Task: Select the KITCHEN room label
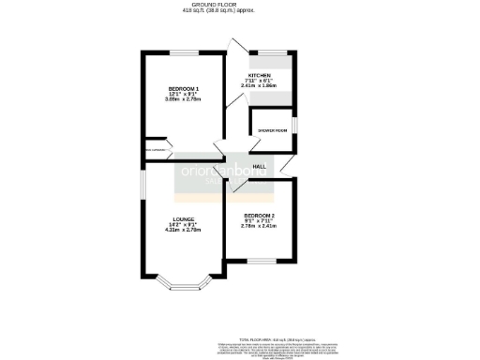[260, 74]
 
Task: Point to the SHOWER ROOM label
[272, 130]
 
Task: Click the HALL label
[260, 166]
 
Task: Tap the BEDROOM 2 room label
[258, 216]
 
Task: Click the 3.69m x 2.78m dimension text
[184, 99]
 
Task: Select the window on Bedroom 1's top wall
[182, 53]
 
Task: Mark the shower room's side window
[293, 126]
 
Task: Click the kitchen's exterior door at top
[237, 47]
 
